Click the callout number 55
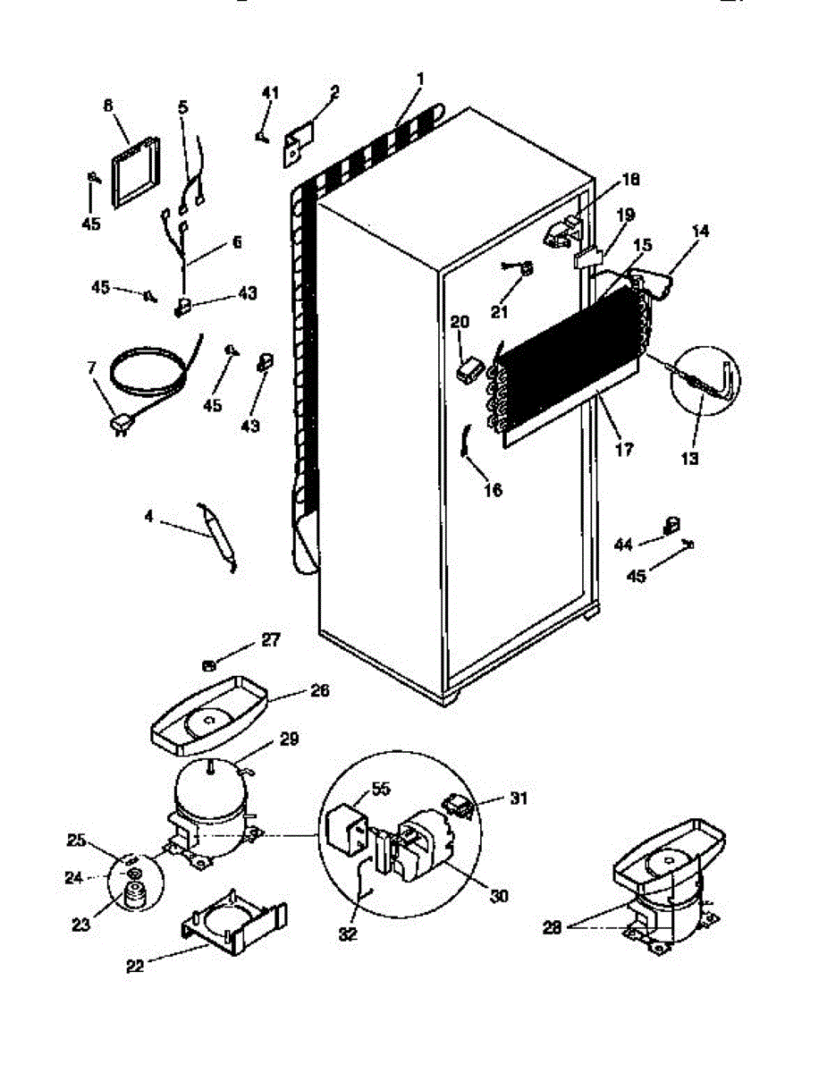pos(381,787)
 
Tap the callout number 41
pos(270,93)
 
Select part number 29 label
pos(289,739)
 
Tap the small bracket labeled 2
pos(299,144)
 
